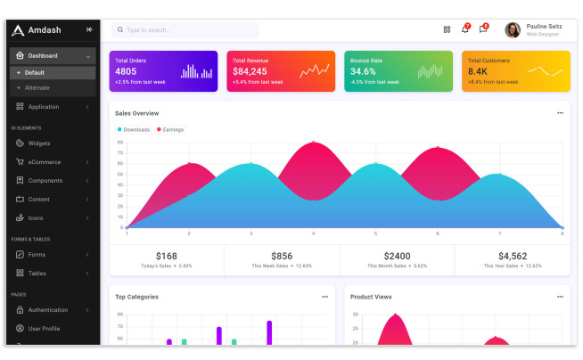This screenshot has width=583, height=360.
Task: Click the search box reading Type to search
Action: coord(185,30)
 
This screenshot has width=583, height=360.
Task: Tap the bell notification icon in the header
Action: coord(464,29)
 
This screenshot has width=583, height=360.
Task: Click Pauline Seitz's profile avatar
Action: coord(513,30)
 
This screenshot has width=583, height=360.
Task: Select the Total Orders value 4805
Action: coord(126,71)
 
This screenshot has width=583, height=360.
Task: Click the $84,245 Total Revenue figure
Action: coord(250,71)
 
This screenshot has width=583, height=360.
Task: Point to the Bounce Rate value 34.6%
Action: coord(363,71)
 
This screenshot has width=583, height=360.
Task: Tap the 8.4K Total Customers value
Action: coord(478,71)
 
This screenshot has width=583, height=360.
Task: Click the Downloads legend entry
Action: coord(134,130)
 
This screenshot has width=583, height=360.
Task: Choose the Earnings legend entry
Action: coord(170,130)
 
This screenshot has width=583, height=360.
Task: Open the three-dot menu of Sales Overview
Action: coord(560,113)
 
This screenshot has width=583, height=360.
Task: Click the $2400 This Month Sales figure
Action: coord(397,256)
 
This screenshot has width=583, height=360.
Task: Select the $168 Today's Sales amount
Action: coord(167,256)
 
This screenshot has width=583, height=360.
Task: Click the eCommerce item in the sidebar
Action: coord(44,162)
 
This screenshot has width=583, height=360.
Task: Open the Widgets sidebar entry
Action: coord(38,143)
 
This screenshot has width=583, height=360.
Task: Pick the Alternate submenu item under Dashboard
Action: coord(37,87)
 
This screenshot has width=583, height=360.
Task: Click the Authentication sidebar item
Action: coord(47,310)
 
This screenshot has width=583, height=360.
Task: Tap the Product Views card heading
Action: coord(371,297)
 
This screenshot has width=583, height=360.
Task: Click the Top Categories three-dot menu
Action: coord(324,297)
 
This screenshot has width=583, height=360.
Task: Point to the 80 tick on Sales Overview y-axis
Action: coord(120,143)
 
